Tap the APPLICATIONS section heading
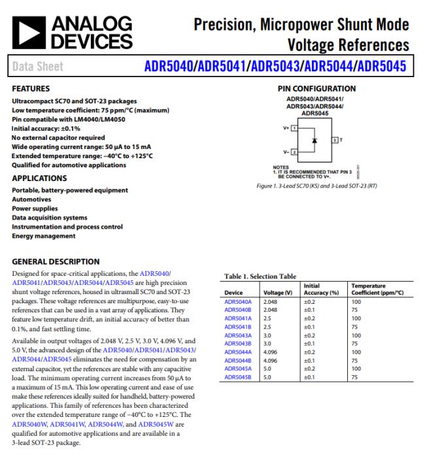(x=42, y=178)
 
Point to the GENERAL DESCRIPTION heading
(x=56, y=261)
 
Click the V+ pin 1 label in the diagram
(x=290, y=127)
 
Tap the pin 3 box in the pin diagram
(x=335, y=140)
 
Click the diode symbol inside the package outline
(x=314, y=140)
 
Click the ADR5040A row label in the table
(x=238, y=302)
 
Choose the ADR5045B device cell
(x=238, y=376)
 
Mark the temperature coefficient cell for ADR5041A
(x=356, y=318)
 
